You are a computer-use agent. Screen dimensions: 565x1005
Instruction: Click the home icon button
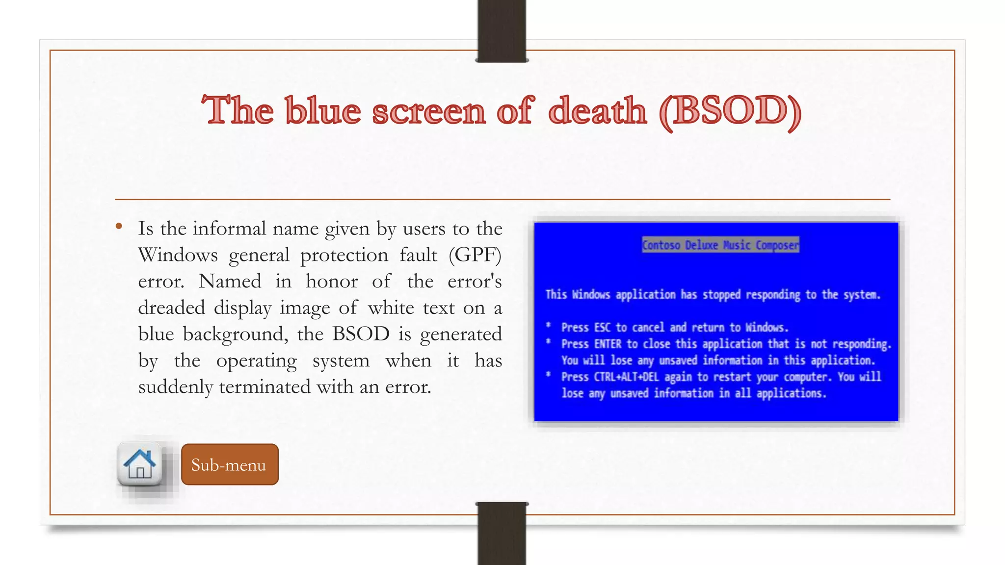coord(140,463)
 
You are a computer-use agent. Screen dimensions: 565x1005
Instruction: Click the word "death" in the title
coord(597,110)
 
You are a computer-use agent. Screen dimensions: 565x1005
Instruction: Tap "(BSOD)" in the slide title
coord(731,111)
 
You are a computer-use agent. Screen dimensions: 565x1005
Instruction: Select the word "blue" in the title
coord(323,110)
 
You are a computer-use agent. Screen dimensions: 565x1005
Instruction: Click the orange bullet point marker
coord(119,226)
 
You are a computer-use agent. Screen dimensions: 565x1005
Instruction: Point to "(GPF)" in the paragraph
coord(475,255)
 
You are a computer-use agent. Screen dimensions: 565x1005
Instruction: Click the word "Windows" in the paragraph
coord(178,255)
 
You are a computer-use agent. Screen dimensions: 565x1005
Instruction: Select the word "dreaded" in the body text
coord(171,308)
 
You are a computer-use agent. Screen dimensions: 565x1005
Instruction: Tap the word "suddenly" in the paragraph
coord(176,387)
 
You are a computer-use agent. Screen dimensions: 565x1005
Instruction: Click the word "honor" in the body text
coord(332,282)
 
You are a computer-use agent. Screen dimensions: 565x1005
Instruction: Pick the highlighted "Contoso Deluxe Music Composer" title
coord(720,245)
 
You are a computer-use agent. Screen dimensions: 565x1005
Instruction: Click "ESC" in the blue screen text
coord(602,328)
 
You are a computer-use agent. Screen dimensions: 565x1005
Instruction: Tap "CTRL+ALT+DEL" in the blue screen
coord(626,377)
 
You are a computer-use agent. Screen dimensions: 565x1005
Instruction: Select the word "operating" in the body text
coord(256,361)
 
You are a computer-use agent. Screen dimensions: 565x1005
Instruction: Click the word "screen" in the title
coord(429,110)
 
